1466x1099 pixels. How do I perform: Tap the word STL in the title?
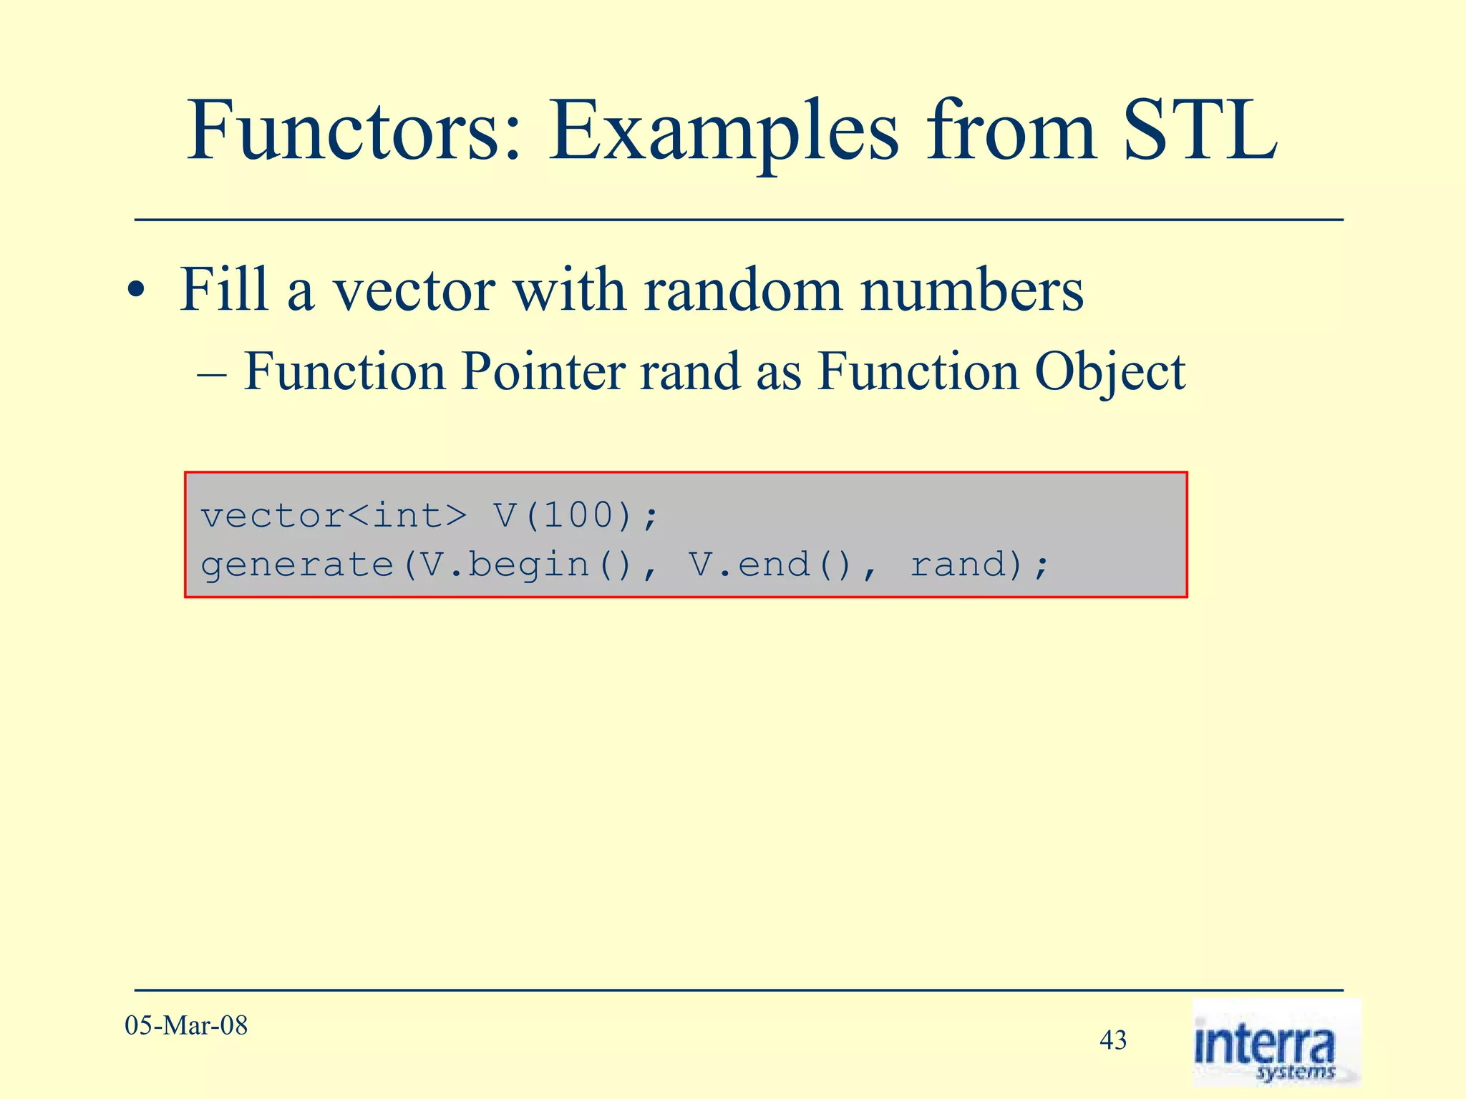(1200, 132)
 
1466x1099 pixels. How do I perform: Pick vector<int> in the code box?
(334, 516)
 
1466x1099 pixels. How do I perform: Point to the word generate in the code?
(297, 565)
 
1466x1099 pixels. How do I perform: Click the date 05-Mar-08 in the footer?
(186, 1025)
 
